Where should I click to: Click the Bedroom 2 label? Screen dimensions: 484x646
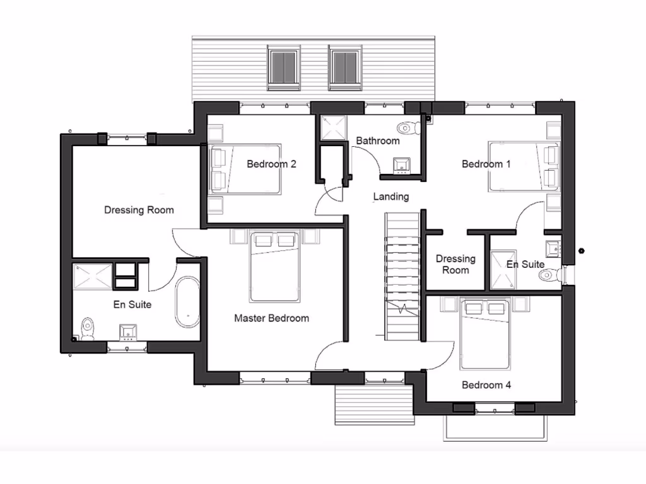point(271,164)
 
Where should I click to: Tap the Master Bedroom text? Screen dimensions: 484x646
point(271,318)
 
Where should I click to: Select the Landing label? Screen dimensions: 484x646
point(391,197)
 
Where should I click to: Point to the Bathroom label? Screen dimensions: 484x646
point(377,141)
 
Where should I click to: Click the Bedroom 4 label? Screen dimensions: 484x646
point(486,385)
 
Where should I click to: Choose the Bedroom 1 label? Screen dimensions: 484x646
point(486,164)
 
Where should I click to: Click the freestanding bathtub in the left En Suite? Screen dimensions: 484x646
point(187,302)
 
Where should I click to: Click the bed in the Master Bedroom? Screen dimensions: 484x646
point(274,267)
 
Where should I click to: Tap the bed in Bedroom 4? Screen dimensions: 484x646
point(484,334)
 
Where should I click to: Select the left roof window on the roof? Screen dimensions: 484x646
point(283,66)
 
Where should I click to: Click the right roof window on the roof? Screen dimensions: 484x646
point(344,66)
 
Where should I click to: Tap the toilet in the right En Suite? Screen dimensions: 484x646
point(550,274)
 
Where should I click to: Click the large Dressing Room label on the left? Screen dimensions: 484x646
point(139,210)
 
